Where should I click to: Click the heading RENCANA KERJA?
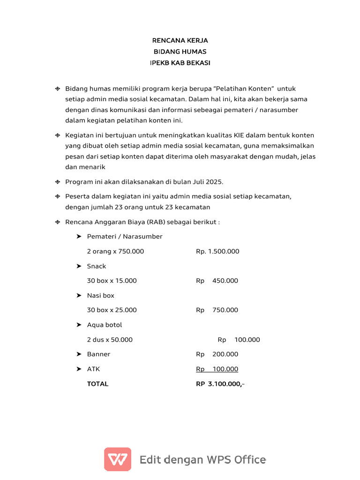pos(180,41)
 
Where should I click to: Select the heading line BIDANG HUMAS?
pos(180,52)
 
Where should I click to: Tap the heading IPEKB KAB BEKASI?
pos(180,63)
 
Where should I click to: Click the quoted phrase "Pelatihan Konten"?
pos(244,89)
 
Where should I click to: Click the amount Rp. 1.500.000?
pos(217,251)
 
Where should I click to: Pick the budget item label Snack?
pos(97,266)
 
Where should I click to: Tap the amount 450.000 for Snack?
pos(225,281)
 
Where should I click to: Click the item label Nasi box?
pos(101,296)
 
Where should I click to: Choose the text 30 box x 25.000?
pos(112,310)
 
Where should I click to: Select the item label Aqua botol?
pos(105,325)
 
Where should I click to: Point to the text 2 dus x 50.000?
pos(110,340)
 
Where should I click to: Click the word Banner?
pos(98,354)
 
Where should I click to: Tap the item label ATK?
pos(94,369)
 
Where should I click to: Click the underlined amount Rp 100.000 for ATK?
pos(217,369)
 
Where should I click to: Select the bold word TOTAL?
pos(97,384)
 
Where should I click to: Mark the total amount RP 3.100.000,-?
pos(220,384)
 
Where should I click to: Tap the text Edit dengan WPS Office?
pos(202,459)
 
